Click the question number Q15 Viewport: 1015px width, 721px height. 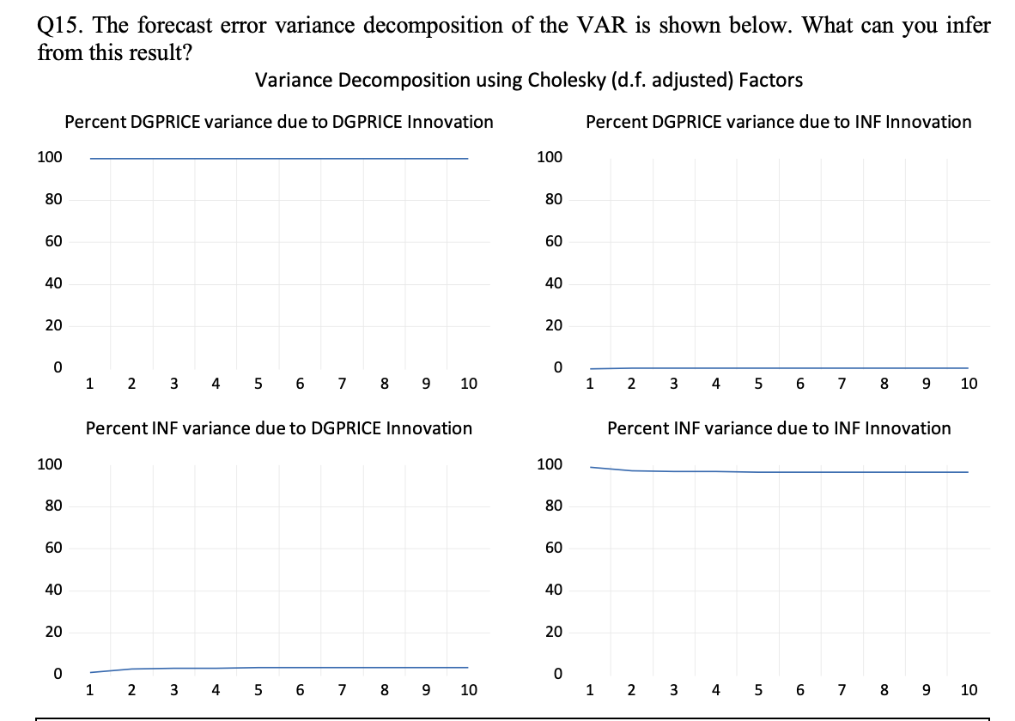coord(58,26)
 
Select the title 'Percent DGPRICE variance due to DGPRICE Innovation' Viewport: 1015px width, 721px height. coord(279,122)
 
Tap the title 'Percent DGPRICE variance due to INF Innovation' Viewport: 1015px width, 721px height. coord(778,122)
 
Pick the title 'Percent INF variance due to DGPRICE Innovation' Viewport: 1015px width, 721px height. coord(279,427)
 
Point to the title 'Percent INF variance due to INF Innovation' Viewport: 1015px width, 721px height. coord(778,427)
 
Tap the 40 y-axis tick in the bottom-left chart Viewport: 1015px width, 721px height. coord(52,591)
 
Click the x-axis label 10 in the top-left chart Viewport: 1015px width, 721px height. coord(468,384)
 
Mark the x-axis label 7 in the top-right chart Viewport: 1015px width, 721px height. coord(842,384)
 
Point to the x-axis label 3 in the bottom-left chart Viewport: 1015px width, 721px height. coord(173,689)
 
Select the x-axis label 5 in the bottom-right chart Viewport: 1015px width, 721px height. coord(757,689)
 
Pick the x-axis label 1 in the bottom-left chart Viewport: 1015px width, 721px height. coord(89,689)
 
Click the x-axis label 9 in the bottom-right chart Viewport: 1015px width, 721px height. coord(926,689)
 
